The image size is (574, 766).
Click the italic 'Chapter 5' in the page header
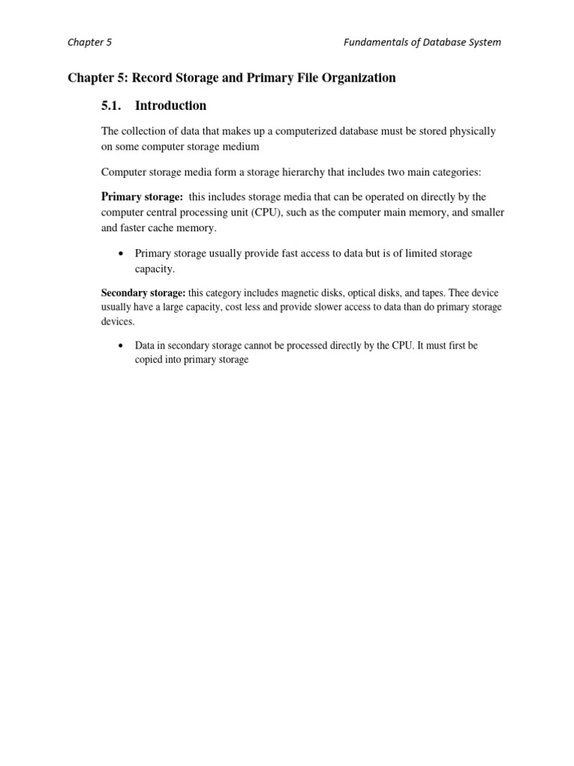(x=90, y=43)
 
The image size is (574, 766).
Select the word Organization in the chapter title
(x=359, y=78)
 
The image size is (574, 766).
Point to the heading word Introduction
(x=170, y=105)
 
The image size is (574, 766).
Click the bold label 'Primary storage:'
(x=142, y=197)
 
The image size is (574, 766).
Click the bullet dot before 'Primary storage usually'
(x=120, y=254)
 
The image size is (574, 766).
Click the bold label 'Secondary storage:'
(x=143, y=293)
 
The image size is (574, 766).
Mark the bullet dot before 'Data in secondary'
(x=120, y=346)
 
